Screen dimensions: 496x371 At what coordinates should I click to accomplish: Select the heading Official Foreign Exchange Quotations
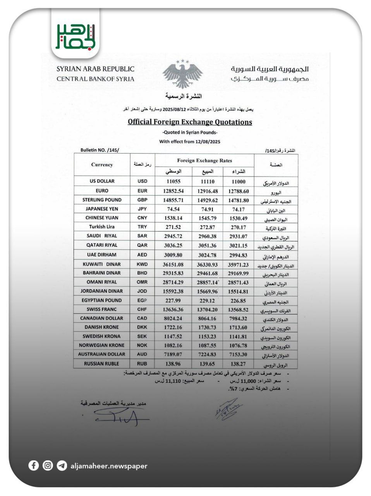[190, 122]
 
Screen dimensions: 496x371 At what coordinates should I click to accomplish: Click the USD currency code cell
[142, 181]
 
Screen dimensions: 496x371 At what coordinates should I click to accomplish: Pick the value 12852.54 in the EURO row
[173, 191]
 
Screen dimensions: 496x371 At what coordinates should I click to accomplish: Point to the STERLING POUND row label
[102, 200]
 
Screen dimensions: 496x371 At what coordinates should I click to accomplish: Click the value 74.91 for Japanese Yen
[207, 209]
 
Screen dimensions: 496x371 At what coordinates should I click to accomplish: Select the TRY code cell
[142, 227]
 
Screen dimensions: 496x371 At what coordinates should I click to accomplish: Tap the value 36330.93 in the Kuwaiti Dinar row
[207, 264]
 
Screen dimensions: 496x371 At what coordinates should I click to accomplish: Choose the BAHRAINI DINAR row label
[102, 273]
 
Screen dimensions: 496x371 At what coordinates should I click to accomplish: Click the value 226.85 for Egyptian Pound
[238, 300]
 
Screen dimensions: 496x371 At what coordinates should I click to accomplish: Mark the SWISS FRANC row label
[102, 309]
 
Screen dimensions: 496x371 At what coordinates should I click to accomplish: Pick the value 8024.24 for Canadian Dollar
[173, 318]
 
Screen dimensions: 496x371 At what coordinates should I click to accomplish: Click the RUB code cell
[142, 363]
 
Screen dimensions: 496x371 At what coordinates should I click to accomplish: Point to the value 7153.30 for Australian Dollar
[238, 354]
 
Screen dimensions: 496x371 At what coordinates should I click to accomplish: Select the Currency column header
[102, 165]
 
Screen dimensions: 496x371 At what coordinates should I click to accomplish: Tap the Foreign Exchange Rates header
[204, 160]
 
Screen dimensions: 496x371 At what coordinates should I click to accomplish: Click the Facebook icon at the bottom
[34, 465]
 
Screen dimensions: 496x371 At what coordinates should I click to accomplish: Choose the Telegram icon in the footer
[62, 465]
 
